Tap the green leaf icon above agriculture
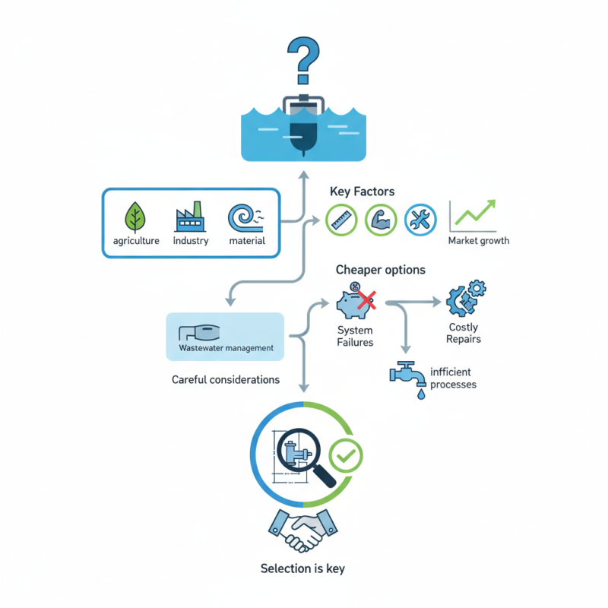point(135,217)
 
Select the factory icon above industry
point(190,217)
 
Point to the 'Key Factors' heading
point(361,192)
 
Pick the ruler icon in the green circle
point(341,220)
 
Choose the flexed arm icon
point(381,220)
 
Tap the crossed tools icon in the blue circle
point(420,220)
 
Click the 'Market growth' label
point(478,241)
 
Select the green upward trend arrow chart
point(473,216)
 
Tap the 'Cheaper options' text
point(380,270)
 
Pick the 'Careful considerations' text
point(225,379)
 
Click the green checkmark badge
point(347,456)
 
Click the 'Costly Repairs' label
point(464,333)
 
